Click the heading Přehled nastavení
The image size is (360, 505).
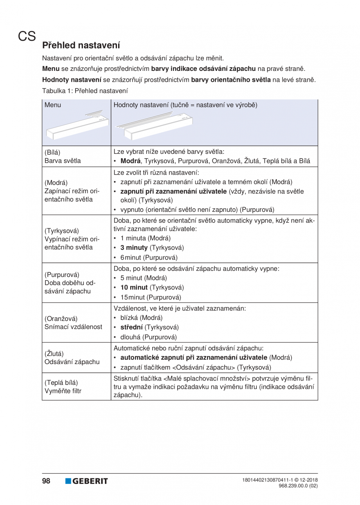point(81,45)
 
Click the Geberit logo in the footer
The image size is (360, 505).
point(86,481)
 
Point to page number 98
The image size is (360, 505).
point(46,481)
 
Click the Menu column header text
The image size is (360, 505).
point(53,105)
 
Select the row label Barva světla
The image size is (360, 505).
point(61,161)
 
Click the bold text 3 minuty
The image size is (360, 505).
point(134,248)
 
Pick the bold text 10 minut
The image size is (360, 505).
point(134,287)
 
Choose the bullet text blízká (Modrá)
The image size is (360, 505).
point(141,317)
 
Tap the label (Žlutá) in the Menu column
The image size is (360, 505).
point(54,353)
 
